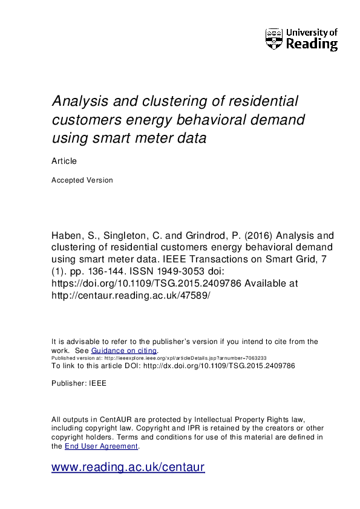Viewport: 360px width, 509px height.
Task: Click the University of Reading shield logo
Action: [x=273, y=39]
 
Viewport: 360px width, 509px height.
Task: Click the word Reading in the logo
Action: [x=311, y=44]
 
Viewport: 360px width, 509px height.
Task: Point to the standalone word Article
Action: [x=64, y=161]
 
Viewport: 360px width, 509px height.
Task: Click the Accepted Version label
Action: [x=82, y=180]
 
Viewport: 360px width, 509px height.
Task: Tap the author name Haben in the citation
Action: [x=67, y=235]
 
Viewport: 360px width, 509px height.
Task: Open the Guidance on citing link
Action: [x=124, y=351]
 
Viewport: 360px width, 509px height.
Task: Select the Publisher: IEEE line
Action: [x=79, y=383]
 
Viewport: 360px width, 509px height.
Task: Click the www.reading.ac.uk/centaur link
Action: [x=128, y=467]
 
